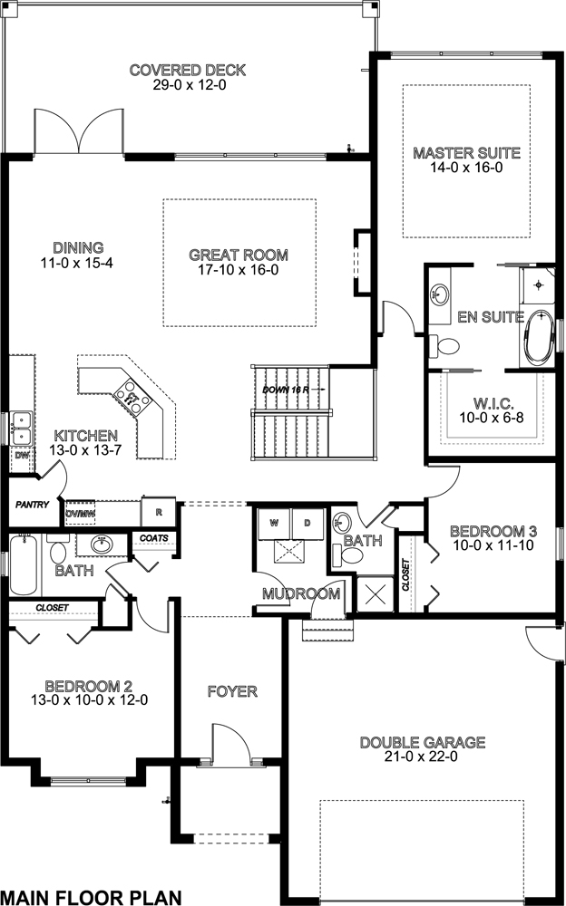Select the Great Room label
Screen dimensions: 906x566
pos(239,255)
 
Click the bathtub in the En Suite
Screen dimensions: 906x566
pos(539,338)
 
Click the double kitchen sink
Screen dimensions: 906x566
pos(22,428)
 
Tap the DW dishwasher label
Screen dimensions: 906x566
pos(21,456)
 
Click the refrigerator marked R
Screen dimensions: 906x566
pos(159,510)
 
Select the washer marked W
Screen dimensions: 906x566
pos(275,523)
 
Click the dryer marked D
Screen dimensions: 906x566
pos(306,523)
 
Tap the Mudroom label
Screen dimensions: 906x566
pos(301,594)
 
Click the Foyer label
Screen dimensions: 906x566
pos(231,692)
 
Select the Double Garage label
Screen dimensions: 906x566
pos(423,743)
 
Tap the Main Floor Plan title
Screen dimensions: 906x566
pos(91,897)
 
